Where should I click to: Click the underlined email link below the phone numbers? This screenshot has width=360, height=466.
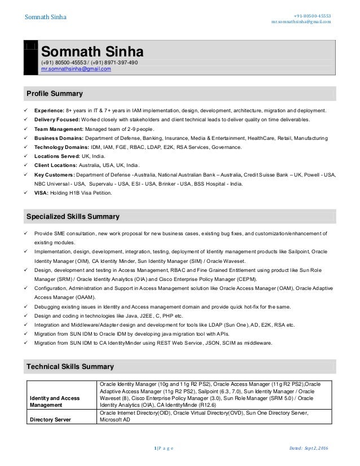[76, 69]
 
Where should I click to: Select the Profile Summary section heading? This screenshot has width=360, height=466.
[55, 93]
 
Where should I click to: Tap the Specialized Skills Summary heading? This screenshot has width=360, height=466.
[73, 216]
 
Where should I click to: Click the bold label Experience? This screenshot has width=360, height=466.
[54, 112]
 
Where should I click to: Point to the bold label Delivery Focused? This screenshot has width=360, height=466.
[58, 120]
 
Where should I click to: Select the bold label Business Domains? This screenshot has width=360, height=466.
[59, 138]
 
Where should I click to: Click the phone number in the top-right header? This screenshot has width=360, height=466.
[311, 15]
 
